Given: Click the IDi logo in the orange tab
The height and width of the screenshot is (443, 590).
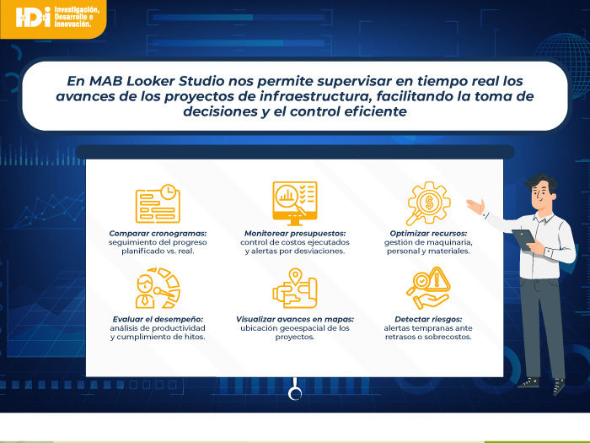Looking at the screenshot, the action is tap(33, 17).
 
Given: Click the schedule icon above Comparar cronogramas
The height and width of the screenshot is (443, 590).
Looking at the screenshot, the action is tap(158, 204).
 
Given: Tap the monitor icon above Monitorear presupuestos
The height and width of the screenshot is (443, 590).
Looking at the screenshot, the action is tap(295, 203).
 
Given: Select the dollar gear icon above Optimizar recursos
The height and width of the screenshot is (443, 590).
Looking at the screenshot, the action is tap(428, 203).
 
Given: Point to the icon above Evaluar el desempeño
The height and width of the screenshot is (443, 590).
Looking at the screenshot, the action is tap(158, 289).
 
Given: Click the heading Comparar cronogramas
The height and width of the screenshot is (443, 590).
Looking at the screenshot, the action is tap(158, 234).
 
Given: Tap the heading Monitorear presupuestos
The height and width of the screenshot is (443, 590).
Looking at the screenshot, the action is tap(295, 234).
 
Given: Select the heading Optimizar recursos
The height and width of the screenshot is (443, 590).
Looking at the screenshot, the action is tap(428, 234).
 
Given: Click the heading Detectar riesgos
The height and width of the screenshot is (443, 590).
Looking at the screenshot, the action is tap(428, 320).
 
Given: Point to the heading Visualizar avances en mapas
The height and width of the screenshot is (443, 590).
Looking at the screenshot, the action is tap(295, 320).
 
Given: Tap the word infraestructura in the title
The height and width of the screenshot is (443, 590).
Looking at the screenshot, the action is tap(313, 96).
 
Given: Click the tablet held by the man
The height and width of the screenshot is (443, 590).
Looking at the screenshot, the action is tap(523, 239).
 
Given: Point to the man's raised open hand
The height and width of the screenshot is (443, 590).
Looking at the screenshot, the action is tap(476, 206).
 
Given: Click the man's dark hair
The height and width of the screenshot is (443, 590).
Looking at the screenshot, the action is tap(542, 182).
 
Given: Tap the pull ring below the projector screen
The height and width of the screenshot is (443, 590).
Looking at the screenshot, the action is tap(295, 394).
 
